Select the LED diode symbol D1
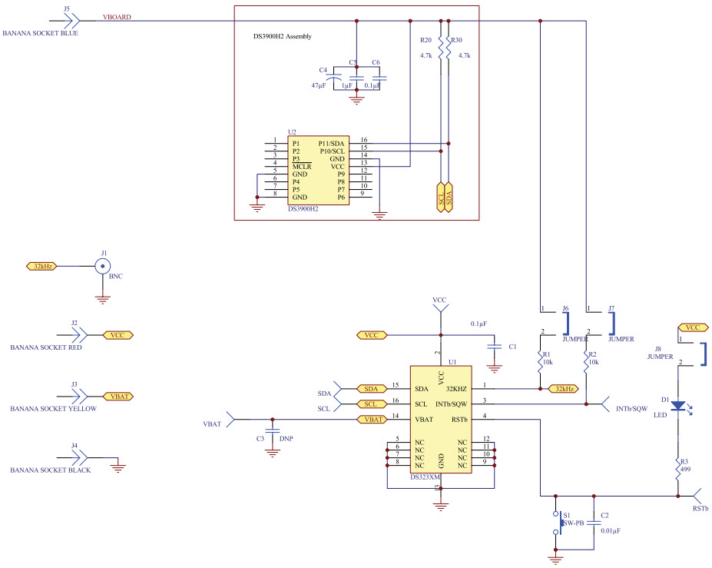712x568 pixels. coord(678,406)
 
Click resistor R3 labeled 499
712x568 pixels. coord(678,469)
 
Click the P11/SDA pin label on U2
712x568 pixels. coord(331,143)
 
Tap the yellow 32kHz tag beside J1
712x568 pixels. coord(43,266)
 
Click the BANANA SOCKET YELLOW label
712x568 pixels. coord(53,409)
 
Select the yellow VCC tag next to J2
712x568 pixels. coord(117,335)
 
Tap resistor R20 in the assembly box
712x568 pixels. coord(439,51)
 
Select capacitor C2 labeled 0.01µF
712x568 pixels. coord(594,523)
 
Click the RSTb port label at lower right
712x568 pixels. coord(700,509)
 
